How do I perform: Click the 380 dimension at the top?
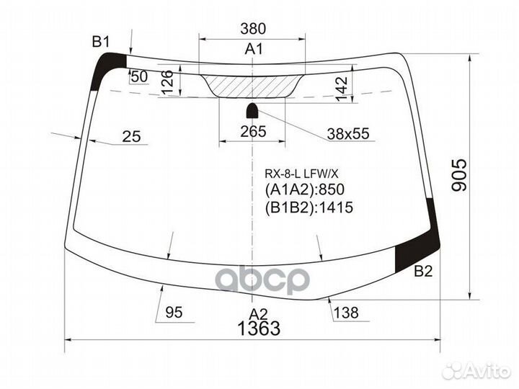click(x=253, y=29)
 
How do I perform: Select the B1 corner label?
click(x=100, y=42)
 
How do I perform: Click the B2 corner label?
click(x=424, y=272)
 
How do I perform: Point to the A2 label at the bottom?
click(x=258, y=313)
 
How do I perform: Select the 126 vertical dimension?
click(x=167, y=83)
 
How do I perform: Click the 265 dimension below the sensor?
click(x=253, y=131)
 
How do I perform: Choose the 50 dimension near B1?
click(x=139, y=76)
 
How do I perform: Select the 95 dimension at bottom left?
click(x=174, y=312)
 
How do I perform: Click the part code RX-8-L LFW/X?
click(x=306, y=174)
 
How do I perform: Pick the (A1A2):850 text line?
click(x=306, y=190)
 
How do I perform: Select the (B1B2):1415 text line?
click(x=311, y=207)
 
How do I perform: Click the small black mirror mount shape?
click(x=253, y=110)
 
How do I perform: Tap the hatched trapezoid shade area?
click(x=253, y=86)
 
